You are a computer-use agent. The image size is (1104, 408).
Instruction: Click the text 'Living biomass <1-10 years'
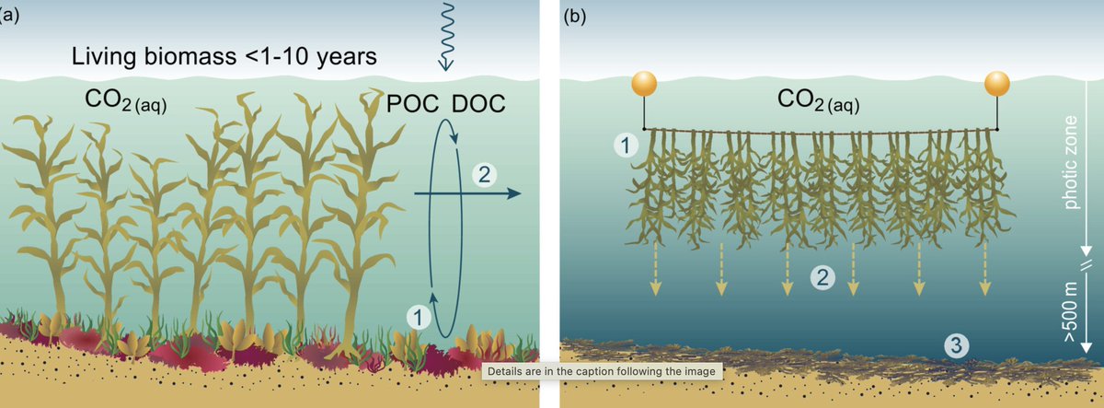point(224,58)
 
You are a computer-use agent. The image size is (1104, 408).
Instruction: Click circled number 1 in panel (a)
point(419,316)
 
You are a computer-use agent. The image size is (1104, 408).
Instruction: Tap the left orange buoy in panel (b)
point(643,86)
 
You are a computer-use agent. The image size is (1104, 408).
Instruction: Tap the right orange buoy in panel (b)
point(997,85)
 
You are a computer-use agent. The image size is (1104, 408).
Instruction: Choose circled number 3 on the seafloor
point(958,346)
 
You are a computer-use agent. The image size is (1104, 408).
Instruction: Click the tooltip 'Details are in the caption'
point(603,371)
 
